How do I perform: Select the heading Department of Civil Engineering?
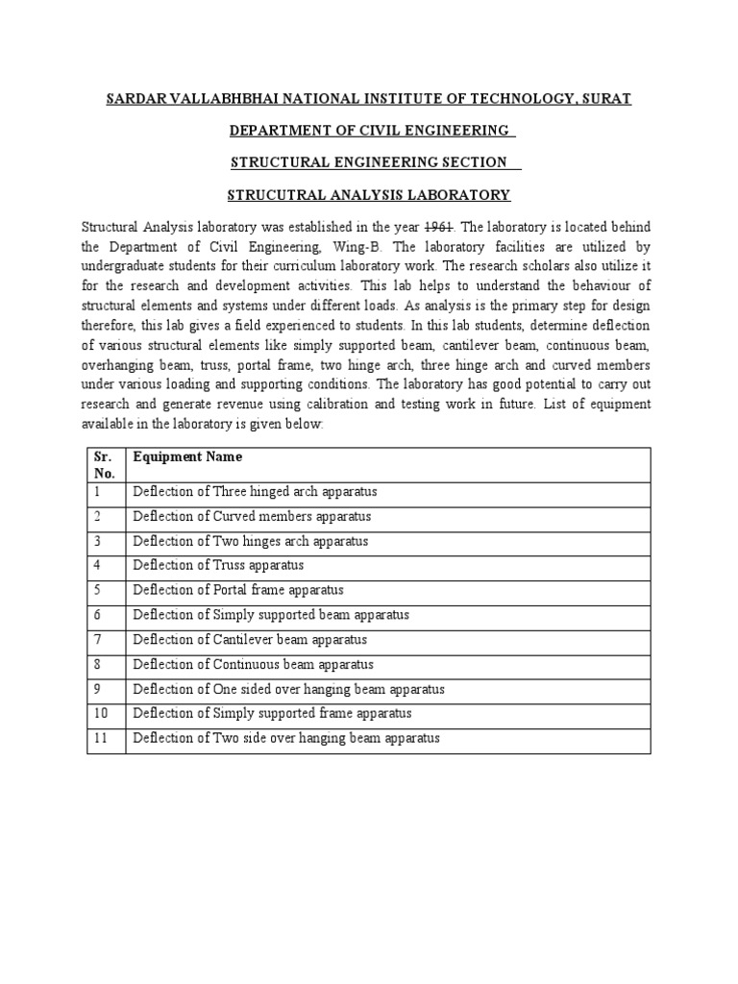click(x=368, y=131)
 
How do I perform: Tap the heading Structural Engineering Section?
click(x=368, y=163)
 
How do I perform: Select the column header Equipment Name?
click(x=187, y=457)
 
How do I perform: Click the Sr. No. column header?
click(x=104, y=465)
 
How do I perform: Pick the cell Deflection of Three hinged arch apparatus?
click(x=255, y=492)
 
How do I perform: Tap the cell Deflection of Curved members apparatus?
click(x=251, y=517)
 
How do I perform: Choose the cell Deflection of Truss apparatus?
click(x=218, y=566)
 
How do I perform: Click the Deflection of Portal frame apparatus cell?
click(x=237, y=590)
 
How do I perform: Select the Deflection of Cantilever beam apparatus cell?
click(x=249, y=640)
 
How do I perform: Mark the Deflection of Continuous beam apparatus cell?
click(x=253, y=664)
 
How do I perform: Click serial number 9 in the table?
click(x=97, y=689)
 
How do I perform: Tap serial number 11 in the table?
click(x=100, y=738)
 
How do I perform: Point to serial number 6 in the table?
click(x=97, y=615)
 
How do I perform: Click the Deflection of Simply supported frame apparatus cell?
click(x=272, y=713)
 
